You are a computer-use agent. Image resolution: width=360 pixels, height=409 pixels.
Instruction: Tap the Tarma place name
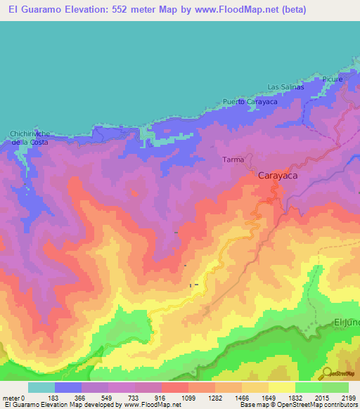point(233,160)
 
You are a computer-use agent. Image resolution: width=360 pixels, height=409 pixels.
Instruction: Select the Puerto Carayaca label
point(250,102)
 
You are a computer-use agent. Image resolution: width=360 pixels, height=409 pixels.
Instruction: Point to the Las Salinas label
point(285,88)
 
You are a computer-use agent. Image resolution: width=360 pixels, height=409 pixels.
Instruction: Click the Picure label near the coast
point(333,79)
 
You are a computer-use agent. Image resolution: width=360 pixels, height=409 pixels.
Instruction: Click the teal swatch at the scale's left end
point(41,387)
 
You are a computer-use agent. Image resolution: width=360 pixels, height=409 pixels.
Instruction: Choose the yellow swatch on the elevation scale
point(282,387)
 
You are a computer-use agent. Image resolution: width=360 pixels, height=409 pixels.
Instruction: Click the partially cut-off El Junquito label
point(346,322)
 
